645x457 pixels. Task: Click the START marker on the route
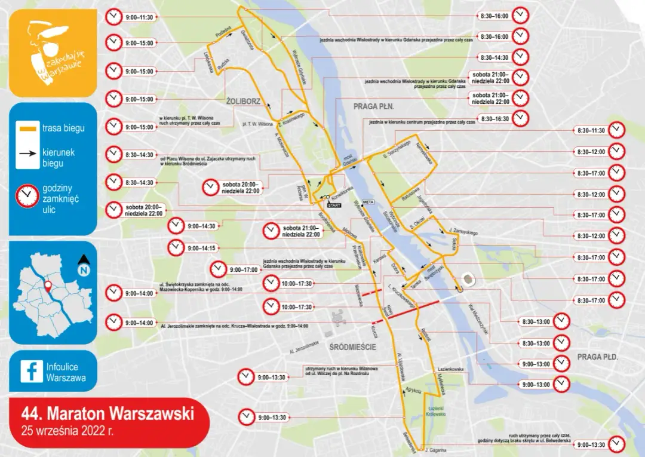click(334, 205)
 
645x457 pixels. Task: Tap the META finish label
click(368, 202)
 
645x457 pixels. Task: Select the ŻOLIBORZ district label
click(243, 102)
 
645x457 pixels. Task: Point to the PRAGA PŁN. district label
click(373, 106)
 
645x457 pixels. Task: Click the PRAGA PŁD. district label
click(597, 357)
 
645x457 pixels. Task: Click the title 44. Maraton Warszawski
click(107, 413)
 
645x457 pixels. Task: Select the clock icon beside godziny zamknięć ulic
click(27, 196)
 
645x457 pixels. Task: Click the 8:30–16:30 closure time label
click(493, 119)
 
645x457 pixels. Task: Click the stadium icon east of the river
click(466, 280)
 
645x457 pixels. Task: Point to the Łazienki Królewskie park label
click(434, 411)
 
